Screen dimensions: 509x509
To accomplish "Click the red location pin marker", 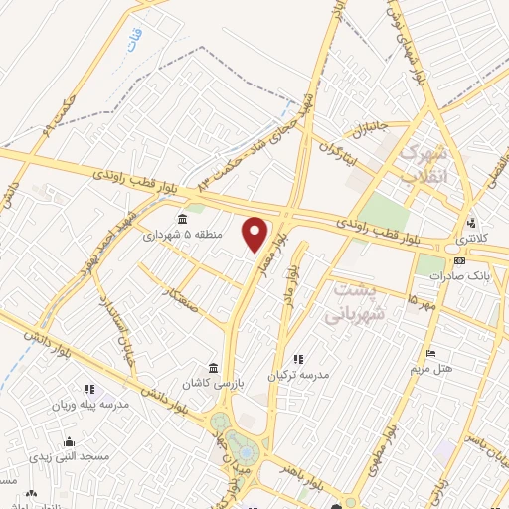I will click(255, 234).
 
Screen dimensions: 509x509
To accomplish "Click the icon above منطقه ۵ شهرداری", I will click(181, 219).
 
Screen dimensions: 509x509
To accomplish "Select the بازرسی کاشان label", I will click(211, 383).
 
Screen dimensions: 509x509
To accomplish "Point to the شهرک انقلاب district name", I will click(424, 166).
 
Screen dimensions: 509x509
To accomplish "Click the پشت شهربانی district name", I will click(362, 302).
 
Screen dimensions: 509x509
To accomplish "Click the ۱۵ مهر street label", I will click(422, 301).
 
